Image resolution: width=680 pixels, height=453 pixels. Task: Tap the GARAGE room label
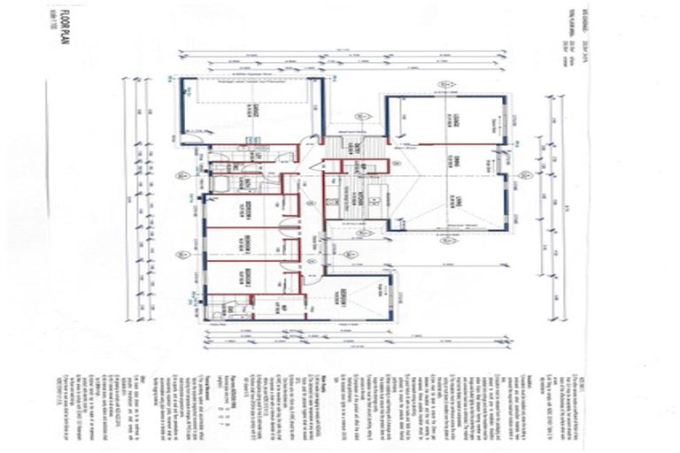(253, 111)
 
